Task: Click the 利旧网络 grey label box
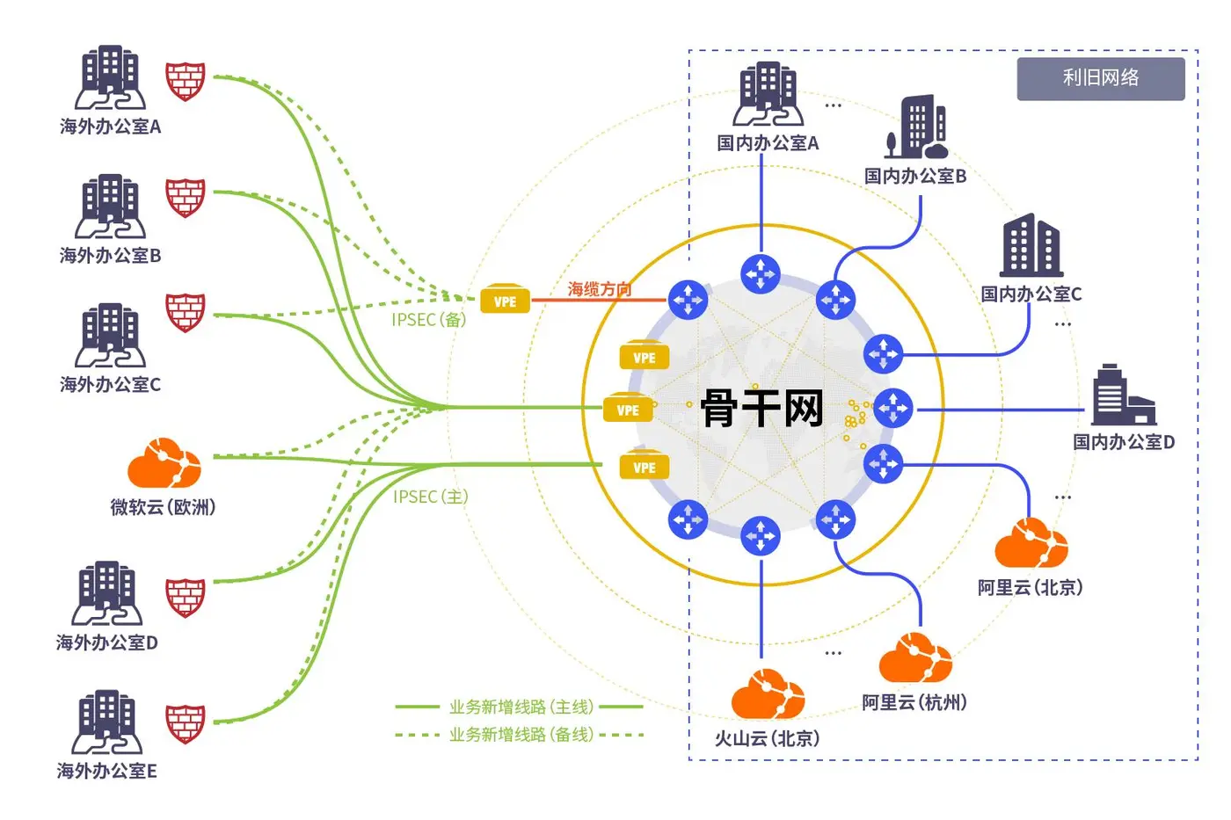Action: tap(1101, 79)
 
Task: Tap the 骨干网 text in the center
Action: tap(762, 408)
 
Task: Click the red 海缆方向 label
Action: tap(600, 289)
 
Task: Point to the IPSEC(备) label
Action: tap(429, 320)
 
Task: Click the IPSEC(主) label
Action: tap(431, 497)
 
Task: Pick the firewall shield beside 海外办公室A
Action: tap(186, 81)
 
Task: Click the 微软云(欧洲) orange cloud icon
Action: tap(164, 462)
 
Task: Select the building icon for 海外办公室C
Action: tap(110, 335)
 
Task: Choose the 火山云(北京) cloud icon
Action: tap(768, 694)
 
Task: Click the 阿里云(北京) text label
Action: tap(1030, 588)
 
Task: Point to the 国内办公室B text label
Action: tap(915, 177)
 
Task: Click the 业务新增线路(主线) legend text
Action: tap(521, 707)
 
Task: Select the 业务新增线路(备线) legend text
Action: tap(521, 735)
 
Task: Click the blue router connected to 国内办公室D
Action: tap(893, 409)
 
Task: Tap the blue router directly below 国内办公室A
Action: tap(761, 274)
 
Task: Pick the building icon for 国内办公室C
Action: tap(1031, 245)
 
